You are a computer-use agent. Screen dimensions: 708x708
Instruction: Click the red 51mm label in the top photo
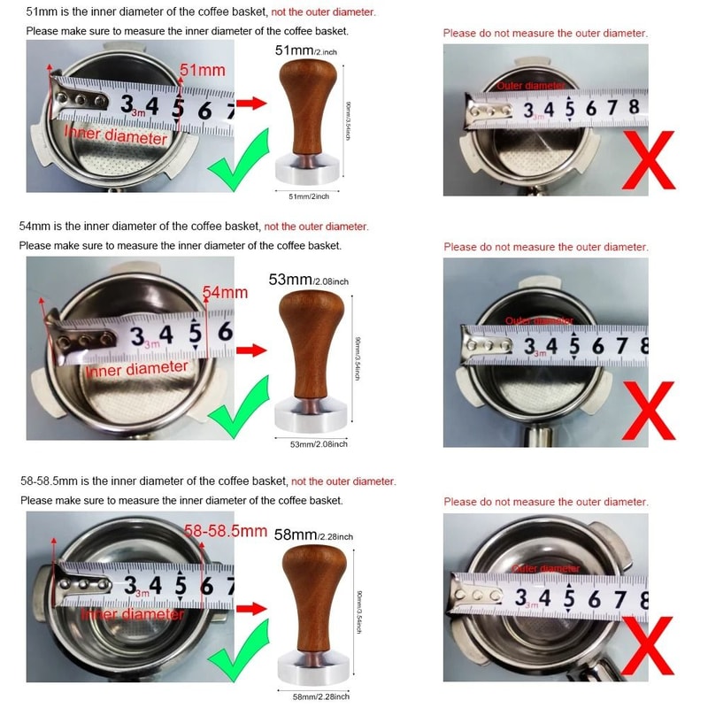(203, 69)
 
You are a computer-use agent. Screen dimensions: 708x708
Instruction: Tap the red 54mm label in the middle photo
(225, 292)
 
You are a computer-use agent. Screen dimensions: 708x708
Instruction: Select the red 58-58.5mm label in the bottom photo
(227, 531)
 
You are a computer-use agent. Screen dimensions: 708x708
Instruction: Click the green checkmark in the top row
(238, 160)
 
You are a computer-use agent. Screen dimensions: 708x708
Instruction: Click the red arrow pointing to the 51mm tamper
(253, 104)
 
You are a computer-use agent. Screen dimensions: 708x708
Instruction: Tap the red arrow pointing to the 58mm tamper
(253, 609)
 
